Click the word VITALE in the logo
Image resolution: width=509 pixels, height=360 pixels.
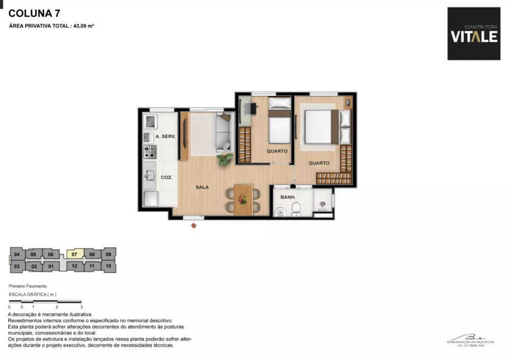pos(474,37)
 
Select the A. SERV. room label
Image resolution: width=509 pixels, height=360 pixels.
pos(165,137)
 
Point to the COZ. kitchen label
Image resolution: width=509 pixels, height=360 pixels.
pos(166,178)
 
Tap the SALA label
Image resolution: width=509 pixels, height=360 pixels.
pos(202,187)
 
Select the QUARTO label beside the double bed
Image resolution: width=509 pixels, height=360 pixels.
pos(319,163)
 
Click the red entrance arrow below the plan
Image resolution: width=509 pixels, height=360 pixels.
pos(193,225)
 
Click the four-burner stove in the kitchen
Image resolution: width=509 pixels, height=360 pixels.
pos(150,151)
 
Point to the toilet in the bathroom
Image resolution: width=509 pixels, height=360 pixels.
pos(295,209)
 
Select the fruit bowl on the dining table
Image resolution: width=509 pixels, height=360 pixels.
pos(243,200)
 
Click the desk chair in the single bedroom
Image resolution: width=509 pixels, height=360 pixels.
pos(253,108)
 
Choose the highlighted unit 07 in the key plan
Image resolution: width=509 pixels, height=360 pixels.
pos(74,254)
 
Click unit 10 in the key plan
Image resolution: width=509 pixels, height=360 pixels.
pos(108,266)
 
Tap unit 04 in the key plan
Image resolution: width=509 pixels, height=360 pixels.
pos(17,254)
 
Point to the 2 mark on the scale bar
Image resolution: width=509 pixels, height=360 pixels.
pos(56,307)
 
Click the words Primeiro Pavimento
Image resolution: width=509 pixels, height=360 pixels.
pos(28,287)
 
